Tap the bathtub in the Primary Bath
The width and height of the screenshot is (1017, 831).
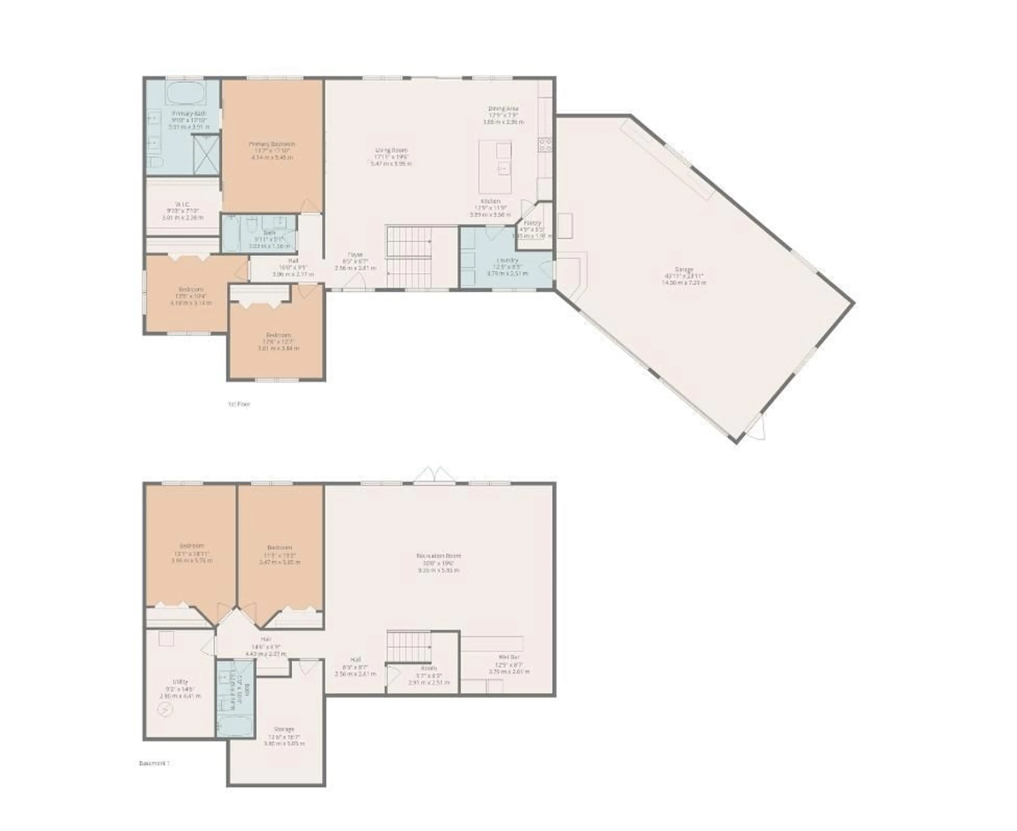tap(186, 94)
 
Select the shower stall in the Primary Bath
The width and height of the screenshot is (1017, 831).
tap(206, 154)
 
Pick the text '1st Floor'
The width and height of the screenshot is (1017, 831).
tap(239, 404)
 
